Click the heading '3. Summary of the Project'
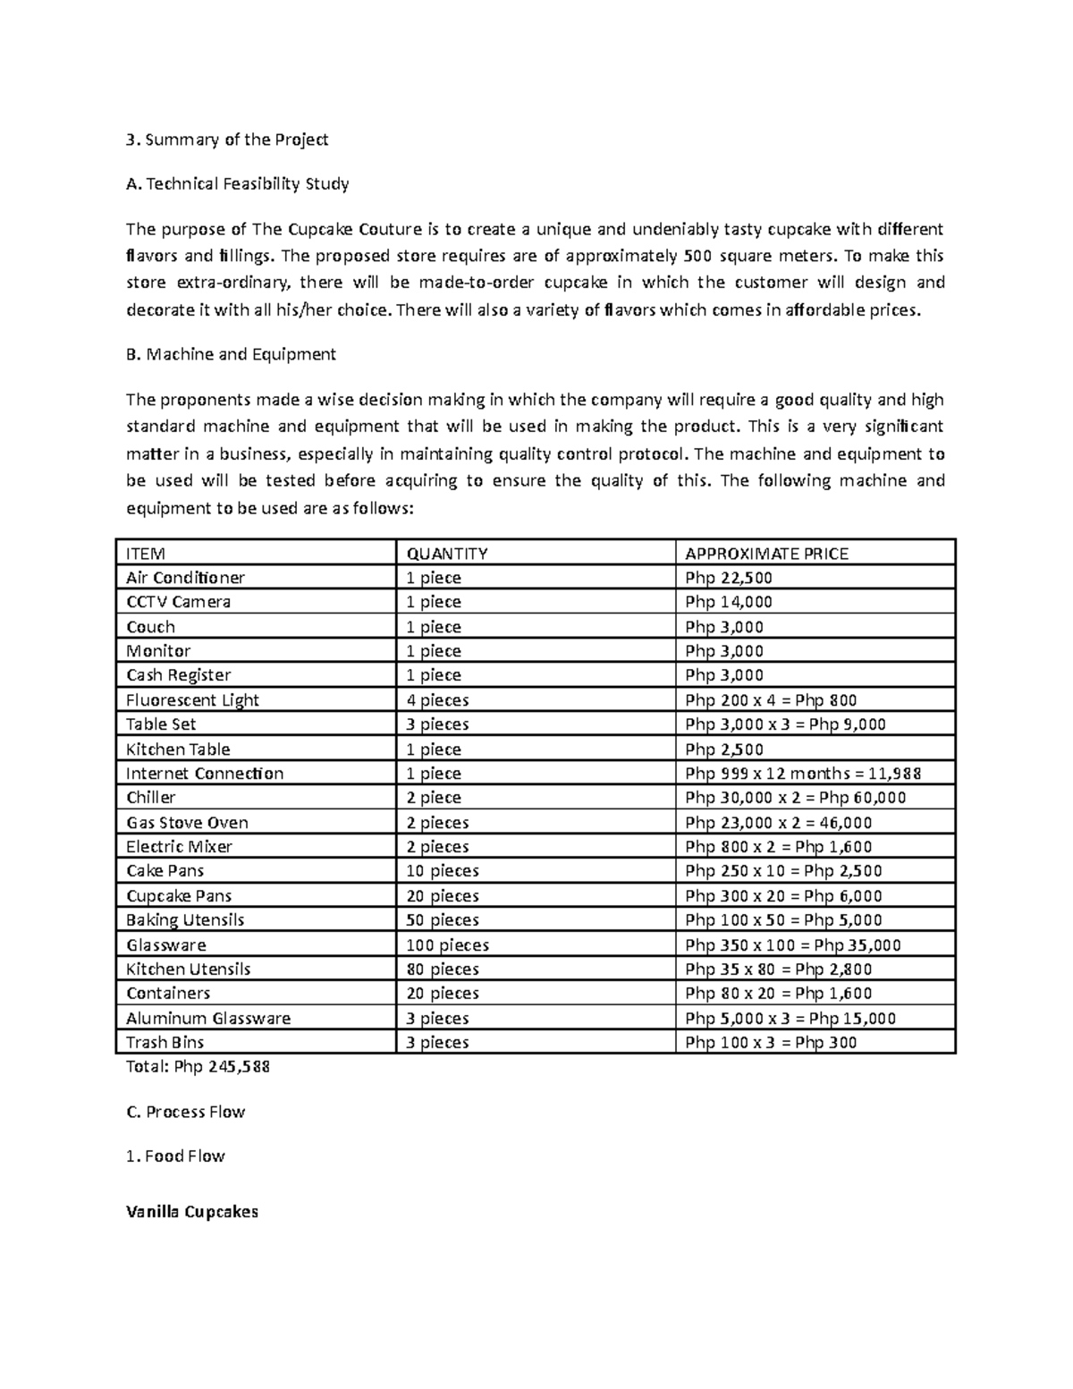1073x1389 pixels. tap(227, 140)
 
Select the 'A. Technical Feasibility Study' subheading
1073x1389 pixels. tap(237, 184)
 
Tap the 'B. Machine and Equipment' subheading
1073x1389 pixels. tap(231, 354)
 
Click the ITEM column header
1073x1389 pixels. tap(146, 554)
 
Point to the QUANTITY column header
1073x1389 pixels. tap(447, 554)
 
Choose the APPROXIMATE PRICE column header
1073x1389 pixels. tap(766, 554)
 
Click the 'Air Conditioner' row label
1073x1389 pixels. tap(185, 578)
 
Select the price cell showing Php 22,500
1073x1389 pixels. tap(729, 578)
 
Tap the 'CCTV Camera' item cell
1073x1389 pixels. tap(178, 602)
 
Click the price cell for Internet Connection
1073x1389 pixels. tap(803, 774)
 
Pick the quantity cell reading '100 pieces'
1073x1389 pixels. tap(447, 945)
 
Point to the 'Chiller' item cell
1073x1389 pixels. tap(150, 798)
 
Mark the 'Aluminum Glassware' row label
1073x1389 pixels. tap(208, 1019)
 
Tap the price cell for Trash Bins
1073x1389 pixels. tap(770, 1043)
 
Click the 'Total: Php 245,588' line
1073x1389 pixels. tap(198, 1067)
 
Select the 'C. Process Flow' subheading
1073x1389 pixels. tap(185, 1112)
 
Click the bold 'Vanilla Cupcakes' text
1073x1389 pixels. tap(191, 1212)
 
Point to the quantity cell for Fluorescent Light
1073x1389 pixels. tap(437, 700)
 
